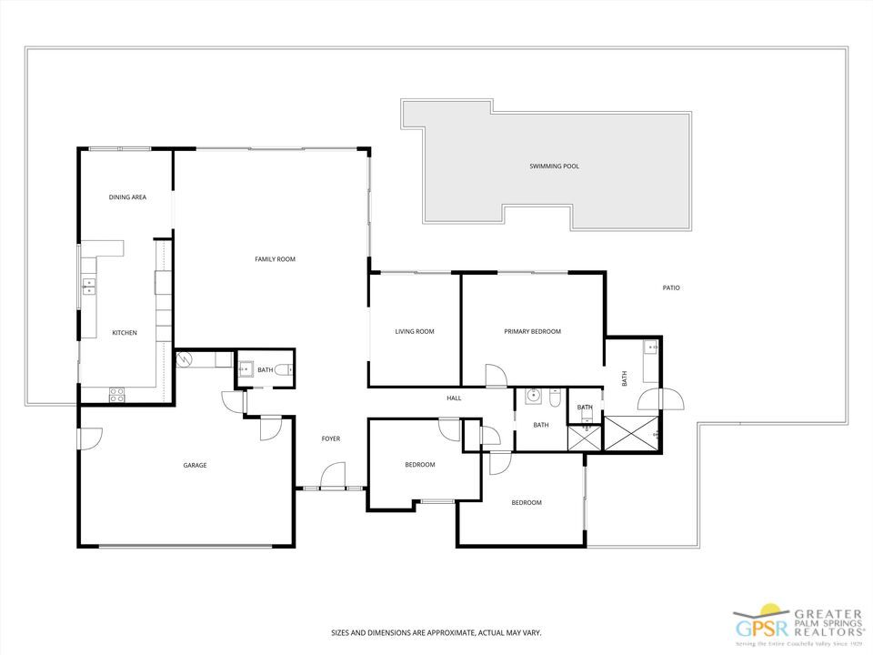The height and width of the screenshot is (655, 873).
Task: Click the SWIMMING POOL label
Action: click(x=554, y=166)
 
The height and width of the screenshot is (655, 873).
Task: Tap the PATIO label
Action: click(x=671, y=288)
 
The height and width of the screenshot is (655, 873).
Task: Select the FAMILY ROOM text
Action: click(x=275, y=260)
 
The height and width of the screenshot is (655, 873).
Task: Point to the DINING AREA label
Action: click(x=127, y=197)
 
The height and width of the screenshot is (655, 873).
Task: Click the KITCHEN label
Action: click(x=125, y=333)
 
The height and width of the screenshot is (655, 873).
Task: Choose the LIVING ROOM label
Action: click(x=414, y=332)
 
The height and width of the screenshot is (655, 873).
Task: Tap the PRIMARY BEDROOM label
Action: click(x=532, y=332)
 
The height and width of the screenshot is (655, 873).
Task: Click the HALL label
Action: click(x=454, y=398)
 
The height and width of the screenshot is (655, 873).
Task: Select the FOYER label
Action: click(x=331, y=439)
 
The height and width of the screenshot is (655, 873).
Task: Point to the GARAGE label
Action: click(x=195, y=466)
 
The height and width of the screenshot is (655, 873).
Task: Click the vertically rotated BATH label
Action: click(x=625, y=378)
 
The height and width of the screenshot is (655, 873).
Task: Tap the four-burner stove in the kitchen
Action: click(x=117, y=393)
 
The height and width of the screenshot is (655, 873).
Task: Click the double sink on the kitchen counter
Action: click(x=89, y=287)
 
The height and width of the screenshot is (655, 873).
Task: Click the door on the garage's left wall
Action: click(x=89, y=438)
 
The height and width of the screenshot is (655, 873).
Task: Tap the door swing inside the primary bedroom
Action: click(x=496, y=375)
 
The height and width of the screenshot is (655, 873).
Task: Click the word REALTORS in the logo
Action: click(x=829, y=630)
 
